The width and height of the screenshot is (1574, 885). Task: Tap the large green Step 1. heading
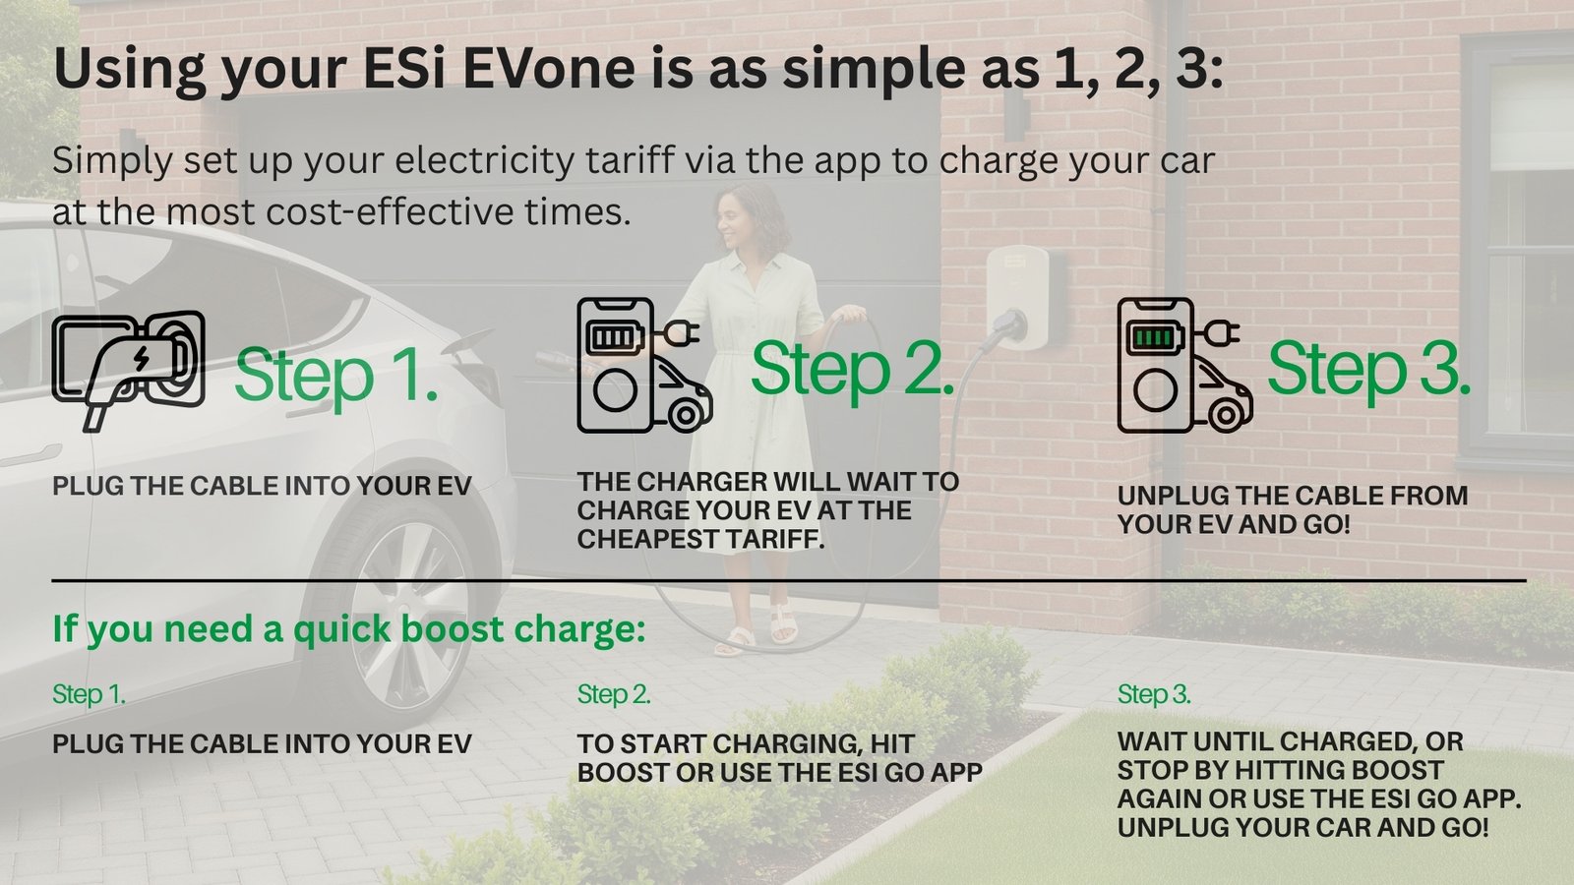point(335,377)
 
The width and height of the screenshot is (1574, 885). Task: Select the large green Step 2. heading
point(852,370)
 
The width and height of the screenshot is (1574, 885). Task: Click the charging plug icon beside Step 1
point(128,370)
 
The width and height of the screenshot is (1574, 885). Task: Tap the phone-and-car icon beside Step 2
point(644,365)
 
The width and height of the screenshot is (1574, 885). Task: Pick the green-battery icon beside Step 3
point(1184,365)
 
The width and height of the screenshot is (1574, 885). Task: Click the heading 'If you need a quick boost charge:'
point(348,628)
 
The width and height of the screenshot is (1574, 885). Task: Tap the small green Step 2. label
point(614,694)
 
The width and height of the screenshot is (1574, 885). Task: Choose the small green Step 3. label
point(1154,694)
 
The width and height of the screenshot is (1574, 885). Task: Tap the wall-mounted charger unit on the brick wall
point(1019,295)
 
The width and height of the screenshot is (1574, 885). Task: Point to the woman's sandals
point(756,631)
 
